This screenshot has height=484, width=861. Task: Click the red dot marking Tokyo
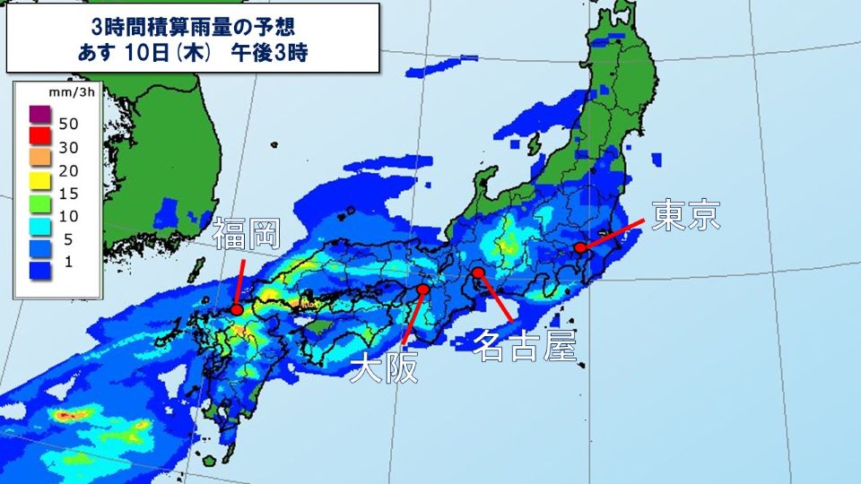point(580,247)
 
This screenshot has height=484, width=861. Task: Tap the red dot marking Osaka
point(423,289)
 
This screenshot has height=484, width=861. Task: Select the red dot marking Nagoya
point(479,272)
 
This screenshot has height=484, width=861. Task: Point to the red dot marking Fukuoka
point(237,309)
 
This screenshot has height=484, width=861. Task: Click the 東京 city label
point(686,216)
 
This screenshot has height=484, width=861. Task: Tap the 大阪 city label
point(384,368)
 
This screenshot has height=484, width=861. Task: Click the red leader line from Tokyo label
point(615,233)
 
